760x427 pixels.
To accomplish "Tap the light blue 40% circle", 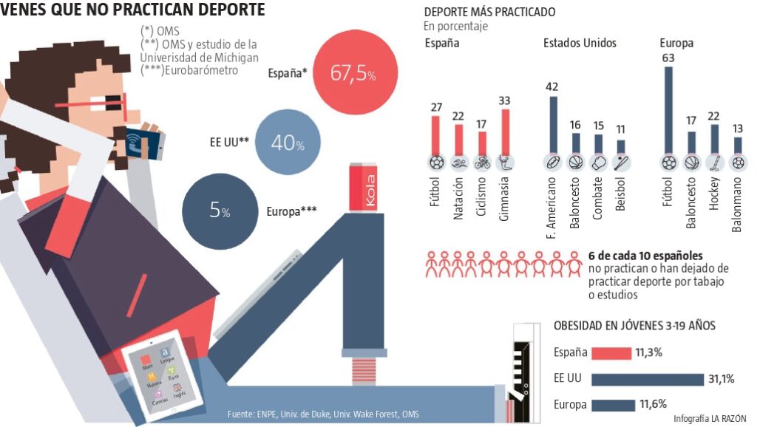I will click(x=288, y=143).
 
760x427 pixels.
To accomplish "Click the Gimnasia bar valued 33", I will click(x=506, y=131).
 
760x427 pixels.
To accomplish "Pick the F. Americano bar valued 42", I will click(x=552, y=124).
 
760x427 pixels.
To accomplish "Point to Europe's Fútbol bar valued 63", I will click(x=668, y=109).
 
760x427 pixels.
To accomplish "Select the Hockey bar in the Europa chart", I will click(x=715, y=138).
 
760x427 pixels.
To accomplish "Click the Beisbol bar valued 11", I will click(x=621, y=147).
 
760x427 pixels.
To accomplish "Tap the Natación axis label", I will click(x=459, y=199).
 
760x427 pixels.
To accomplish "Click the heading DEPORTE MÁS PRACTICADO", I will click(x=489, y=13).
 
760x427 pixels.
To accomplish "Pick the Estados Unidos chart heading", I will click(x=580, y=43).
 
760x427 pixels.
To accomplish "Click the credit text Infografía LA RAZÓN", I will click(x=710, y=419).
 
